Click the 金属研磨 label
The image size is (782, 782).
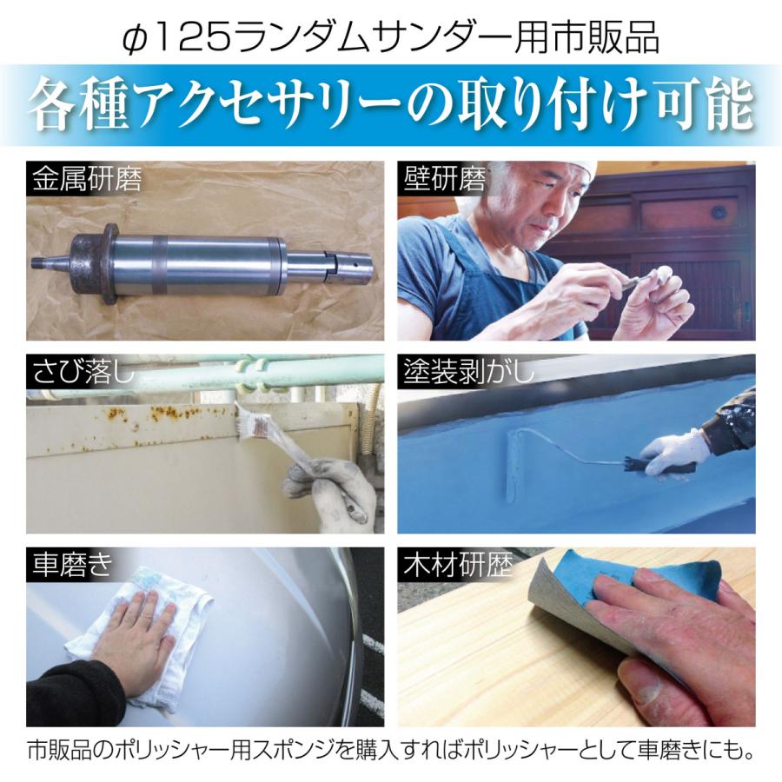coord(85,180)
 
